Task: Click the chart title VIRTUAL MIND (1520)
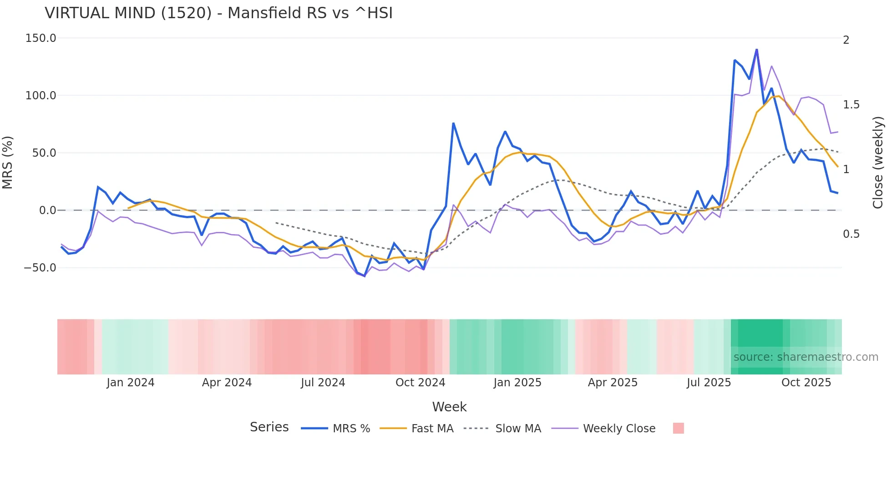218,13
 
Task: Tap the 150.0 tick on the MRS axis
41,38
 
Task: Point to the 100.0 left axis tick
41,96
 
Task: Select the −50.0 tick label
40,268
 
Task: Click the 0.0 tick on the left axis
47,210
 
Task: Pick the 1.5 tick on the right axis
851,105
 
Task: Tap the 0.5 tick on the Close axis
851,234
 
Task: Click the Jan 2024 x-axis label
131,383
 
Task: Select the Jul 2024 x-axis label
323,383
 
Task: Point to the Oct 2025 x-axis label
806,383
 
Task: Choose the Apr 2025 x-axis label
613,383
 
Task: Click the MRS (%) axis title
8,162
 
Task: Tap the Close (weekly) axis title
878,163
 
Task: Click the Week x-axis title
449,407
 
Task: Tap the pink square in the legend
678,428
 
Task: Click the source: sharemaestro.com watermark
806,357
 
